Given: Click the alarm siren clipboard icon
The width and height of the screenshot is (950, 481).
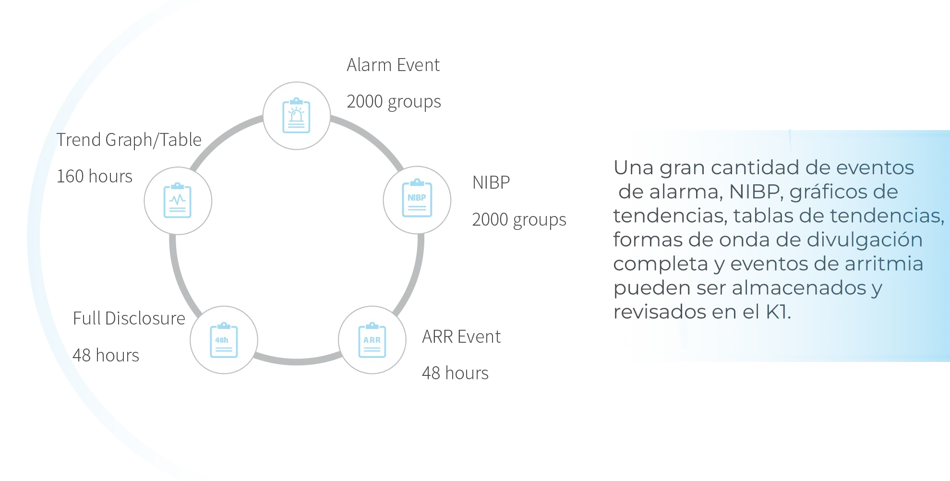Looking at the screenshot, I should (x=296, y=116).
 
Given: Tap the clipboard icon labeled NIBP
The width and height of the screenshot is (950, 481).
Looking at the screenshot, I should (x=417, y=199).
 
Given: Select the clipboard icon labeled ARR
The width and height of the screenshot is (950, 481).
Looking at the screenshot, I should (x=372, y=340).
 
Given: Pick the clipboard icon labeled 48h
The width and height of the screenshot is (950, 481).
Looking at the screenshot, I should (x=223, y=340).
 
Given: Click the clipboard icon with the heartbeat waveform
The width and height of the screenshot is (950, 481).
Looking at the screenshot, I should (x=178, y=200).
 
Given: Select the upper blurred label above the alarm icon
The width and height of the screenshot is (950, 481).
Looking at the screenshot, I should (x=393, y=66).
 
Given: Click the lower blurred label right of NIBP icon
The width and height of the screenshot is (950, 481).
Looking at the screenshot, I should (x=520, y=220).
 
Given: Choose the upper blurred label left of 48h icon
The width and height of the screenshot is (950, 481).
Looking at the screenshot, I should (x=129, y=319).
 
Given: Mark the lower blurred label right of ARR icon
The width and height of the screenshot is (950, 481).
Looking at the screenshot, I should (x=455, y=373).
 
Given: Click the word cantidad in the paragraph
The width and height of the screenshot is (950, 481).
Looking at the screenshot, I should (x=751, y=168).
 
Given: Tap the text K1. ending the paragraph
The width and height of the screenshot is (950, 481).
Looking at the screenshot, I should (x=778, y=312).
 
